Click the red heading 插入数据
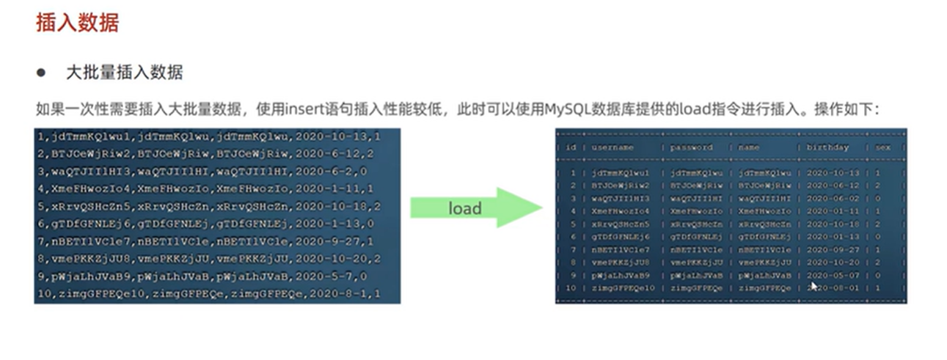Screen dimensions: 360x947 click(77, 23)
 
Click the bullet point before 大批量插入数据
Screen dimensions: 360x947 click(42, 73)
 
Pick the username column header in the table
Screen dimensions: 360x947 click(613, 147)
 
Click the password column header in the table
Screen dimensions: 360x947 click(690, 147)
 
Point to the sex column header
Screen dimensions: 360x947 click(881, 147)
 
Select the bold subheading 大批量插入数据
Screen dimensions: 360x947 click(125, 73)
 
